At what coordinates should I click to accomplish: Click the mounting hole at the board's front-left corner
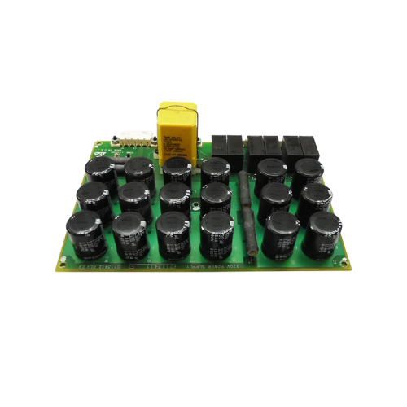[61, 260]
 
